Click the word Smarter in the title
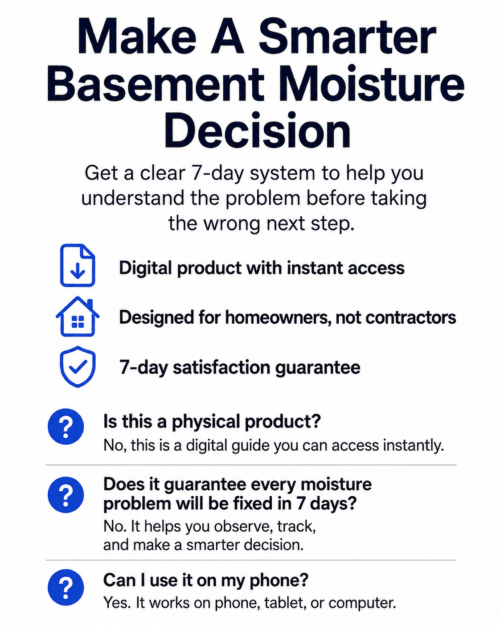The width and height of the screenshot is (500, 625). tap(347, 37)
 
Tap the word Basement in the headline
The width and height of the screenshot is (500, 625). tap(156, 83)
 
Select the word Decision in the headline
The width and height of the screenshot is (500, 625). tap(258, 130)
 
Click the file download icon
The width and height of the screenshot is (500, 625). tap(78, 265)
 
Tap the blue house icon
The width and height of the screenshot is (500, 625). tap(78, 317)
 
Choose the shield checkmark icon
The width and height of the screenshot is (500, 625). tap(78, 366)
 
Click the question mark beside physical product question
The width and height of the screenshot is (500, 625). tap(66, 426)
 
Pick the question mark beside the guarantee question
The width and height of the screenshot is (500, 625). tap(66, 494)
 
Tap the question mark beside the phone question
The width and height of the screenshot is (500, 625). tap(66, 587)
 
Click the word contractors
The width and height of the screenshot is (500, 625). tap(410, 317)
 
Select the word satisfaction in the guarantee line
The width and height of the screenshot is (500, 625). tap(221, 367)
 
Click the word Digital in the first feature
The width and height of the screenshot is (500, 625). tap(145, 268)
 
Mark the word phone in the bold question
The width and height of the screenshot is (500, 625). tap(279, 580)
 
